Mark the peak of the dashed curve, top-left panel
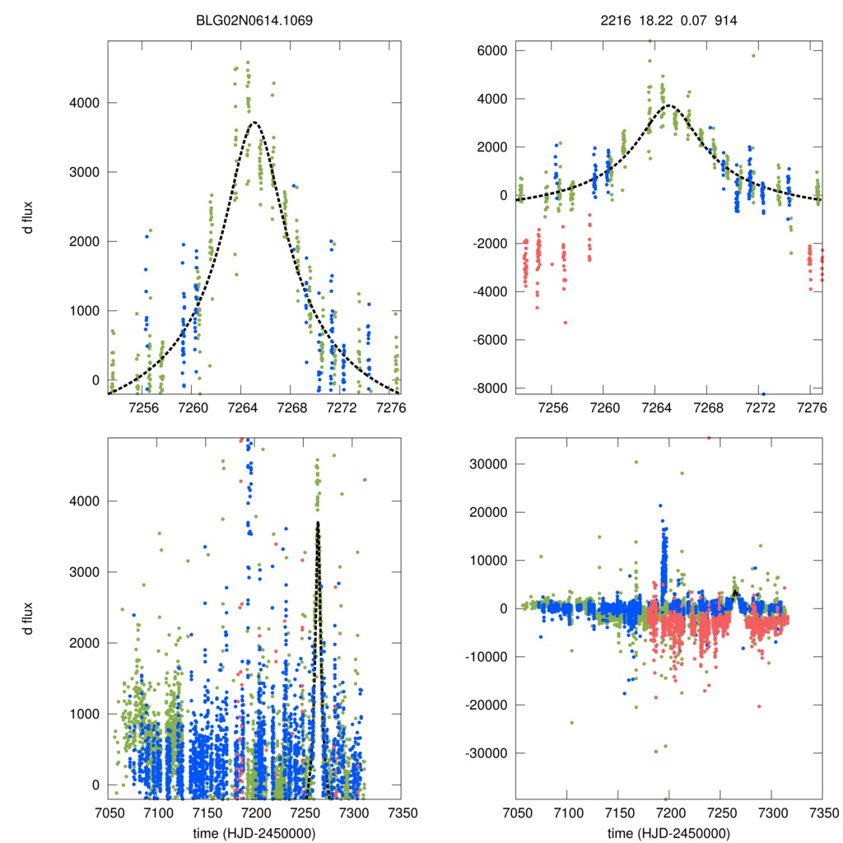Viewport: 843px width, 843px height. tap(254, 122)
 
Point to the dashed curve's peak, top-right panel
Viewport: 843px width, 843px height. tap(668, 105)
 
